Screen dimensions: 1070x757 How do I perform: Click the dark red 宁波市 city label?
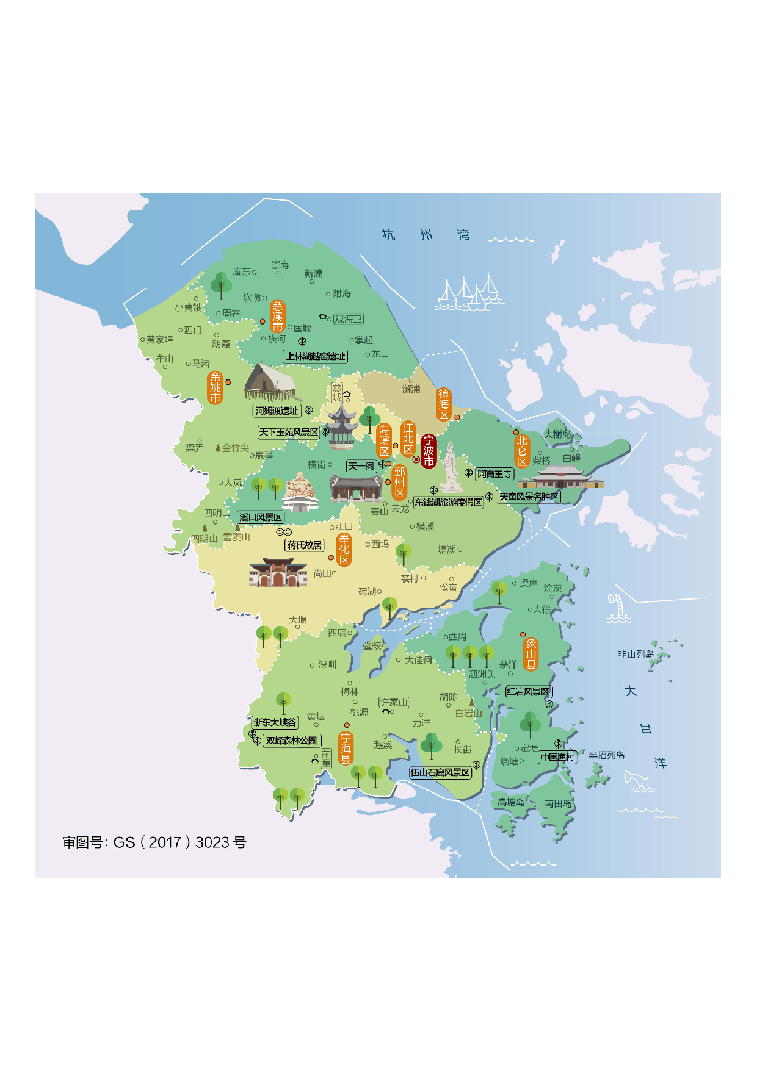click(x=429, y=451)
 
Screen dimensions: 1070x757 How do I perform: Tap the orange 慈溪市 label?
click(x=278, y=316)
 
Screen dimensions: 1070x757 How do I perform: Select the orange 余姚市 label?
click(x=215, y=387)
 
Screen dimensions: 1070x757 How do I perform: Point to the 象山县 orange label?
click(x=531, y=654)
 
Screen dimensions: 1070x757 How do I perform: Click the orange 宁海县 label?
click(x=346, y=749)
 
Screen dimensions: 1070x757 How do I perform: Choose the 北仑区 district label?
click(x=521, y=451)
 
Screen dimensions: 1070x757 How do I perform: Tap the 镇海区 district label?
click(x=444, y=404)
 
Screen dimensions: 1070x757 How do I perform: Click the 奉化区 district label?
click(x=344, y=550)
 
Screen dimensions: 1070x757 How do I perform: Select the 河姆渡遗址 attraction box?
click(x=277, y=411)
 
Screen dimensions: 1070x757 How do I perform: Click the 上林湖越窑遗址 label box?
click(x=316, y=356)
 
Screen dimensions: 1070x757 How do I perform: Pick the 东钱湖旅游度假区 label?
click(x=449, y=503)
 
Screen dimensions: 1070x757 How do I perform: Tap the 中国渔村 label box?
click(x=557, y=757)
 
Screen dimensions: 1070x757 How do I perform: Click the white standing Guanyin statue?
click(x=451, y=468)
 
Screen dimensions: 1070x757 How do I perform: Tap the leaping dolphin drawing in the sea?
click(x=638, y=781)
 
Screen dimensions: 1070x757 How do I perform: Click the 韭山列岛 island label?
click(x=636, y=654)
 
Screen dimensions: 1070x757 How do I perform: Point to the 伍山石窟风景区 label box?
click(x=440, y=772)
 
